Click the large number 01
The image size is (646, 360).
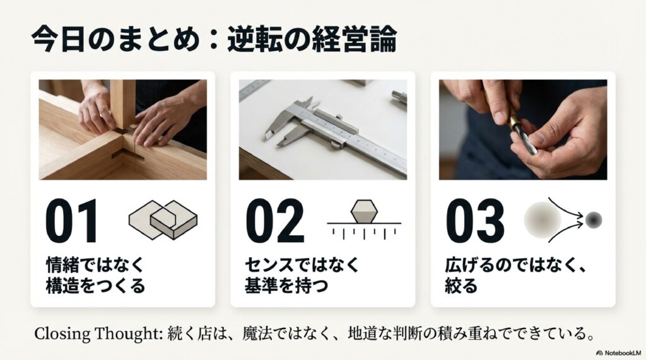[72, 221]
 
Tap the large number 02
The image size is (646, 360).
[275, 221]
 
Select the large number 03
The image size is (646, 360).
[475, 221]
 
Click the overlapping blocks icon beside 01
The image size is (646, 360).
[163, 219]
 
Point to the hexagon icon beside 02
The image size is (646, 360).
[364, 211]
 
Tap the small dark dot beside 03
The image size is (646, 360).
[594, 220]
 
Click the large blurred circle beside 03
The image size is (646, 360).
[542, 220]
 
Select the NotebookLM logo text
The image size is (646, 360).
[618, 353]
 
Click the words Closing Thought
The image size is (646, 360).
[96, 334]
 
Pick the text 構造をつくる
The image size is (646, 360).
[96, 286]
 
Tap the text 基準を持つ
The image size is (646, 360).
[286, 286]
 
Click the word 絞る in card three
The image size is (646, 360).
[461, 286]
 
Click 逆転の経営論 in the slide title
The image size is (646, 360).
[312, 40]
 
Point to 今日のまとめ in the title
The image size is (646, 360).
[116, 40]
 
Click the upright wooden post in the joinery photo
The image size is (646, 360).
[122, 104]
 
